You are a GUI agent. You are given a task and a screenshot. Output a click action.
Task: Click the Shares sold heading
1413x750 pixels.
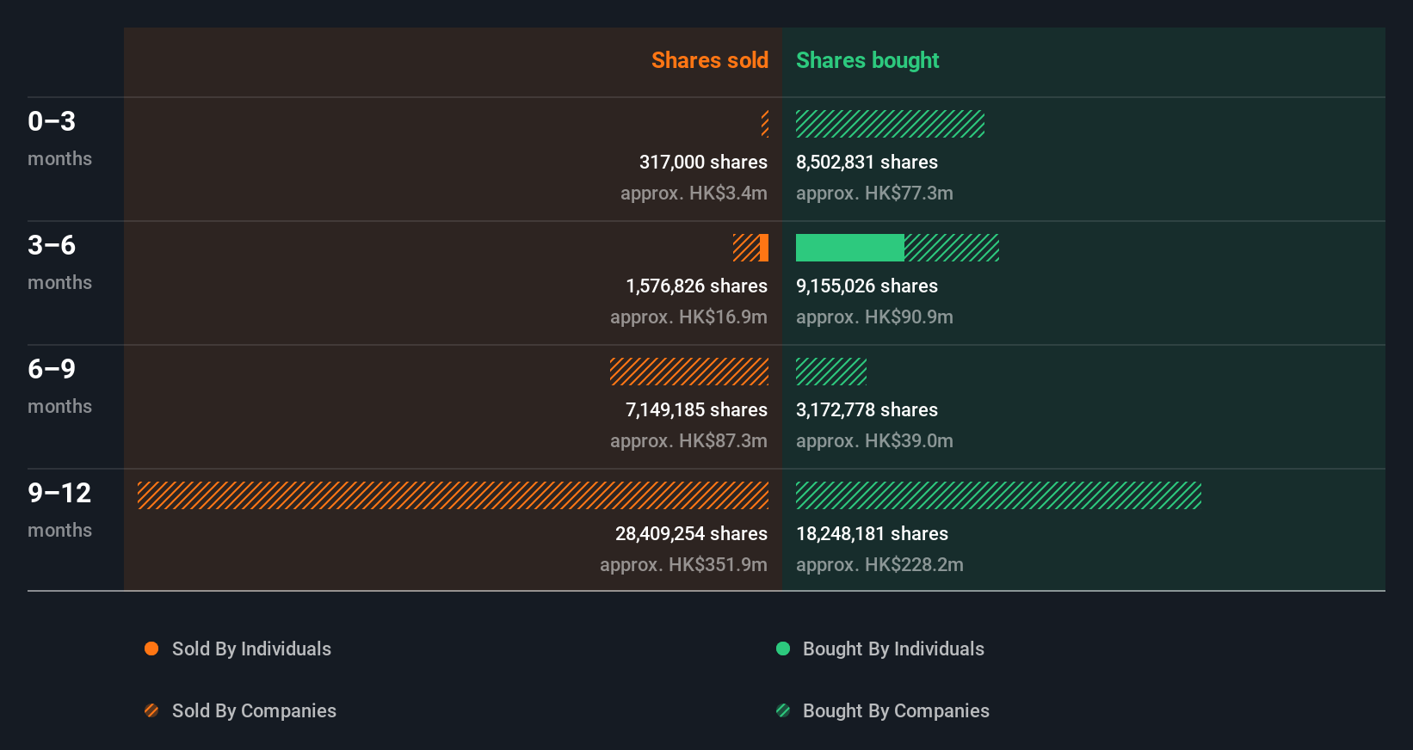point(709,60)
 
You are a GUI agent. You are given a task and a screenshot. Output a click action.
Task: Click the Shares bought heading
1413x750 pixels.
point(867,60)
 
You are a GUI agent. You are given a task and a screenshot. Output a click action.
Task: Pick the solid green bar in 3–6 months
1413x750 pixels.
point(849,248)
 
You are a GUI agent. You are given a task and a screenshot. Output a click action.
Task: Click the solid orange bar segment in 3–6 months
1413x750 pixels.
point(764,248)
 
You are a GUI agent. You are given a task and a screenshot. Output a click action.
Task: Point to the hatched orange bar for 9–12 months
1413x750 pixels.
point(453,495)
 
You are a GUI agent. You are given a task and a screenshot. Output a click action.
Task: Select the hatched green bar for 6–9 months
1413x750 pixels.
point(830,372)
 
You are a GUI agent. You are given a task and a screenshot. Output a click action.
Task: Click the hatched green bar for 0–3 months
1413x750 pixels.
point(890,124)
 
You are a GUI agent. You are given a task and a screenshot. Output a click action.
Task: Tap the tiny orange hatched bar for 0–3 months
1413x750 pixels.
point(765,124)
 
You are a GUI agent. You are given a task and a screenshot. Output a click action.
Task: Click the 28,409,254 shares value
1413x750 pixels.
point(691,533)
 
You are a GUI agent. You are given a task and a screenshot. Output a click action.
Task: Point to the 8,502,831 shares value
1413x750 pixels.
point(867,162)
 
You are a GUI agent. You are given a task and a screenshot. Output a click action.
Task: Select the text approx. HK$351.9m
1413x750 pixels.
point(683,564)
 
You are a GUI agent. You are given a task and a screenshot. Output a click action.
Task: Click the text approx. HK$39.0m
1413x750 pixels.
point(874,440)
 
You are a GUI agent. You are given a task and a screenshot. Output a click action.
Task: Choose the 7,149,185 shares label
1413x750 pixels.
point(696,409)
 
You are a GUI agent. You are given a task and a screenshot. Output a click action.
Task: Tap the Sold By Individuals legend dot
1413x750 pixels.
point(151,649)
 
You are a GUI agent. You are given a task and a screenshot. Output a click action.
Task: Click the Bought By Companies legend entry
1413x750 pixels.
point(895,710)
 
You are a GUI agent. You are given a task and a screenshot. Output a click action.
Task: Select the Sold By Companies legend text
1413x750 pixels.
point(254,710)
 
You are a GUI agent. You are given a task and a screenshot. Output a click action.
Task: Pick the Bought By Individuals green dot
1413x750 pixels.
point(783,649)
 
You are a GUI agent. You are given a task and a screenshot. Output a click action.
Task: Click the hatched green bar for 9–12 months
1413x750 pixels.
point(998,495)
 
